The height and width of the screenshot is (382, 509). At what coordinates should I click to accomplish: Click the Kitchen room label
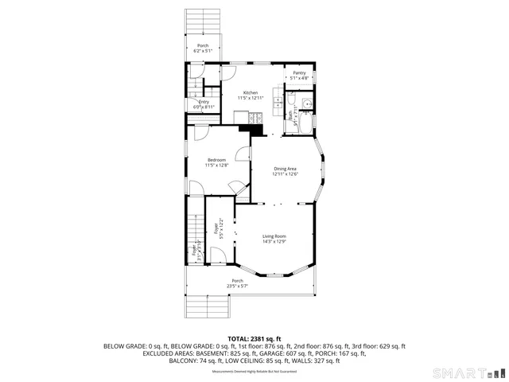250,93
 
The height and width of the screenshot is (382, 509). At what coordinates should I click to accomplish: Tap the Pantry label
298,73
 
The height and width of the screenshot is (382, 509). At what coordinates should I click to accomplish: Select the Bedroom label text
216,160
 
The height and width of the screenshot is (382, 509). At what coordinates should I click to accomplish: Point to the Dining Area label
285,169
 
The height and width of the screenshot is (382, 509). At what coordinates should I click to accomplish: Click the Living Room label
274,236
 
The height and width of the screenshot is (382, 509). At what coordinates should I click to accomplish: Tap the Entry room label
204,102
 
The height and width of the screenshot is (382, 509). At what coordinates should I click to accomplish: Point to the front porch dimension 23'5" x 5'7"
237,286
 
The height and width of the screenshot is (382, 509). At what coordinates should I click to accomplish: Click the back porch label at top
203,45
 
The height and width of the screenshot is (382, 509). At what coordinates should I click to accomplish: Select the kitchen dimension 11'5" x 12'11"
251,98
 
